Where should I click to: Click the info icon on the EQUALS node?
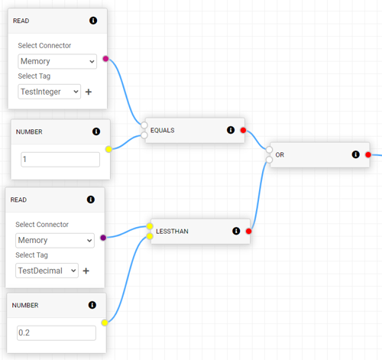point(231,130)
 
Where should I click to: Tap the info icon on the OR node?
point(355,154)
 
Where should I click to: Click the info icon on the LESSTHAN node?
point(236,231)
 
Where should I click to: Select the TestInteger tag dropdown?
point(50,92)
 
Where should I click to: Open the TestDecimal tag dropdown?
point(47,271)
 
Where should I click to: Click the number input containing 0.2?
point(57,332)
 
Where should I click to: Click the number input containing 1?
point(60,160)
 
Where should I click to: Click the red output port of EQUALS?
point(243,130)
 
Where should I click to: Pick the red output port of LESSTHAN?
point(248,231)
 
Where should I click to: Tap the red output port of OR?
point(368,154)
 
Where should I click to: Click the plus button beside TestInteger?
point(89,92)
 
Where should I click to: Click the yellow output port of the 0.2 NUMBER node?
point(105,323)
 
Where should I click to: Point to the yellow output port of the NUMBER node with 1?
point(108,149)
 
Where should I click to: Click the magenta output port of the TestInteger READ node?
point(105,59)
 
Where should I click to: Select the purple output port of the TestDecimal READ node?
point(103,238)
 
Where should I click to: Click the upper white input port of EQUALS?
point(144,125)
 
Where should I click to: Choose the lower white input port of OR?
point(269,160)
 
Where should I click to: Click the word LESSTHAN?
point(172,231)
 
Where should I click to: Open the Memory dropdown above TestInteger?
point(57,61)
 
